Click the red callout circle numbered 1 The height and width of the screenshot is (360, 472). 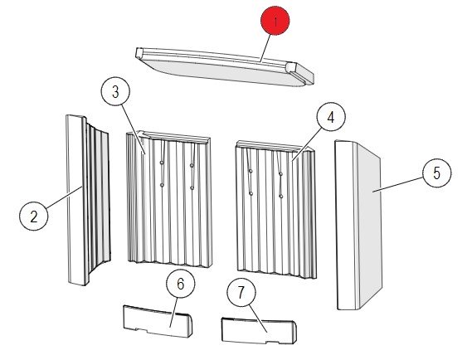click(x=275, y=21)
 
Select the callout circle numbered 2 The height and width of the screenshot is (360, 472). click(x=34, y=216)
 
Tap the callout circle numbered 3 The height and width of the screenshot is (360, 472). click(x=115, y=92)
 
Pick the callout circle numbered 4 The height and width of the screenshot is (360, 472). click(x=331, y=117)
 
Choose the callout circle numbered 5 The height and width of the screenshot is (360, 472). click(x=437, y=173)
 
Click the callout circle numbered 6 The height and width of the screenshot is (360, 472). click(x=180, y=284)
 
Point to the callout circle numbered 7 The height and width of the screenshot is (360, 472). click(x=241, y=293)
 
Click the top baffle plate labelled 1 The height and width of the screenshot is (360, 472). click(x=224, y=67)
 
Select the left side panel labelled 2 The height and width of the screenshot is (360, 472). click(x=87, y=200)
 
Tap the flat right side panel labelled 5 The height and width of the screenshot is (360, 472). click(x=358, y=225)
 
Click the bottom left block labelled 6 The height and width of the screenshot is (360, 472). click(x=158, y=321)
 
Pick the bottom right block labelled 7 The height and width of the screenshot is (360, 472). click(x=259, y=330)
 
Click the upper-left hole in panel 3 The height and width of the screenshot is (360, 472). click(x=162, y=163)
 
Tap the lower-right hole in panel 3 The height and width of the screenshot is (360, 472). click(x=192, y=188)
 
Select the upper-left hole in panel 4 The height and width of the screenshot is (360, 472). click(x=251, y=171)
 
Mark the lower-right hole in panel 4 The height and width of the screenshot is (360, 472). click(x=281, y=197)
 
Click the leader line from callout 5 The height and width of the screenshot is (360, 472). click(x=398, y=184)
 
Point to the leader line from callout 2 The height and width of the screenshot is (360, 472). click(x=64, y=197)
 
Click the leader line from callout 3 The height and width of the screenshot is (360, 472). click(x=134, y=129)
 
